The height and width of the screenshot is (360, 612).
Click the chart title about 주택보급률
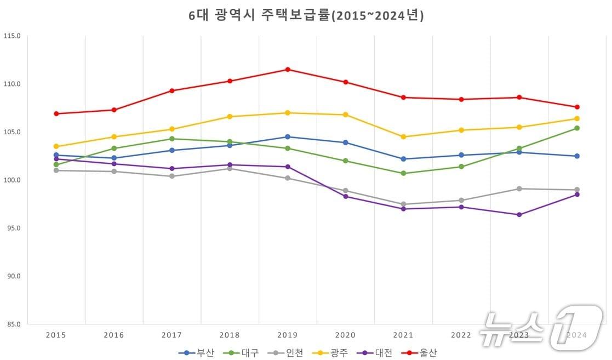coord(306,16)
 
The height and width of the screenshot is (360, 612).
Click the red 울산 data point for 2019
coord(288,70)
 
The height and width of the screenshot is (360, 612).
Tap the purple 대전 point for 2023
coord(519,215)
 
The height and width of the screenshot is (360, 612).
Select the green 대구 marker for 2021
coord(403,173)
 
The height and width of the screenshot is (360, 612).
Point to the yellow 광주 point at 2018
coord(230,117)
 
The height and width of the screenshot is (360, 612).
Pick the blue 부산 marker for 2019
coord(288,137)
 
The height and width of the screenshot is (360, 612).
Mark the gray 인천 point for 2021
coord(403,204)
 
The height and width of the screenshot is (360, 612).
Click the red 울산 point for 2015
coord(56,114)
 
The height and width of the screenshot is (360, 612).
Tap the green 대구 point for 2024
coord(577,128)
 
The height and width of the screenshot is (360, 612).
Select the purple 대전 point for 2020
coord(345,196)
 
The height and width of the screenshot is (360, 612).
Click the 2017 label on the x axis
coord(171,335)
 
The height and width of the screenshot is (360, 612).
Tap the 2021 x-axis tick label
coord(403,335)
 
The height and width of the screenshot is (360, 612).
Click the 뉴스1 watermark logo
coord(540,328)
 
